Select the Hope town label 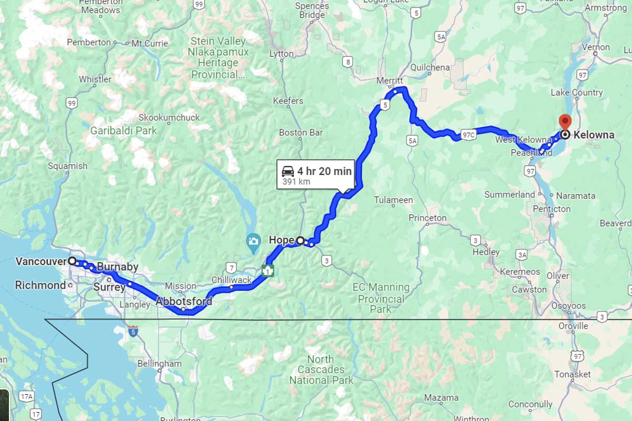click(x=281, y=240)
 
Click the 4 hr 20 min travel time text click(x=324, y=171)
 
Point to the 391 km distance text click(x=297, y=182)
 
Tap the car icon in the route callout click(x=288, y=171)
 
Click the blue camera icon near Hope click(x=253, y=242)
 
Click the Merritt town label click(x=390, y=81)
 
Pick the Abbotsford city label click(x=184, y=302)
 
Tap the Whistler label click(x=95, y=79)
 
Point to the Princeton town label click(x=427, y=217)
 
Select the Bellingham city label click(x=159, y=363)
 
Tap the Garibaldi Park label click(x=123, y=131)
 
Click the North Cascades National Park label click(x=321, y=369)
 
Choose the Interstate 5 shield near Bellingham click(x=133, y=332)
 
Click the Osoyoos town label click(x=568, y=306)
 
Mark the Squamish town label click(x=67, y=166)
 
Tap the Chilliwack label click(x=232, y=280)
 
